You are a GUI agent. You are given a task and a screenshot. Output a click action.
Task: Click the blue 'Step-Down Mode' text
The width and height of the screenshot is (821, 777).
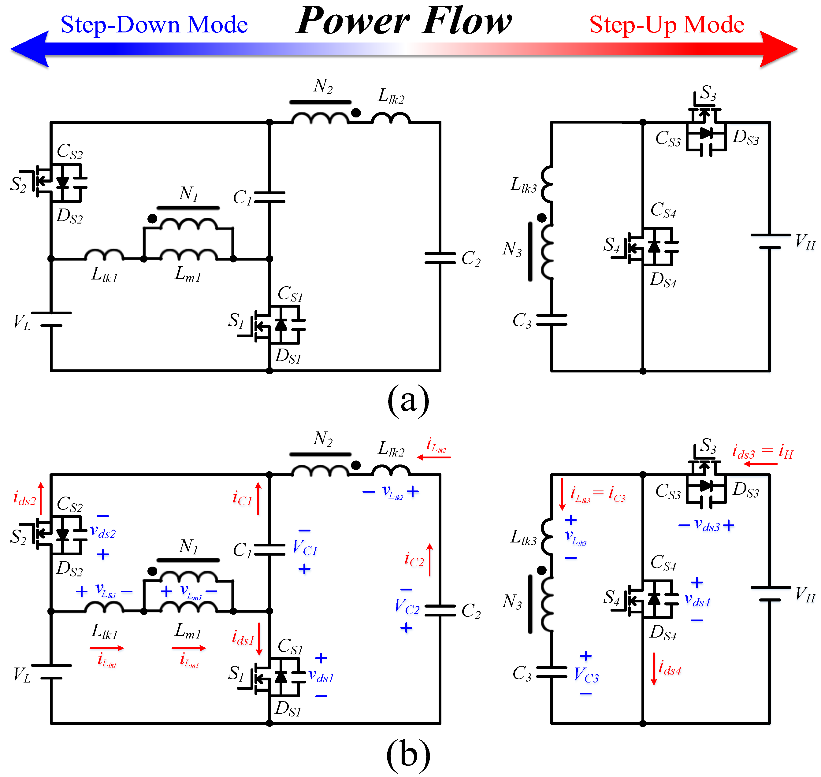pos(154,24)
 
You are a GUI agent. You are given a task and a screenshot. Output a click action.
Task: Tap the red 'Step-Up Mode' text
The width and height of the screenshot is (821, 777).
pos(667,25)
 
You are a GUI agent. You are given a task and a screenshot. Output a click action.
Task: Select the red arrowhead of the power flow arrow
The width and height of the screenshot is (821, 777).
pos(779,49)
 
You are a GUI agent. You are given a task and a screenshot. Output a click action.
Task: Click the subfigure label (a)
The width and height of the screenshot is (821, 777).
pos(408,399)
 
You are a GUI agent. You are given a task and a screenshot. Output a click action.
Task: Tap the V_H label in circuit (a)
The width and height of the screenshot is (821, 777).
pos(805,242)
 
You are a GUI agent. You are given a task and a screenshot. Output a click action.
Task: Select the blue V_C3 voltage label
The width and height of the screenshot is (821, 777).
pos(586,675)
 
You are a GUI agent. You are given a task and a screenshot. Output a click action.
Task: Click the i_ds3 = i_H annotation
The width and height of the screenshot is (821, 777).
pos(763,451)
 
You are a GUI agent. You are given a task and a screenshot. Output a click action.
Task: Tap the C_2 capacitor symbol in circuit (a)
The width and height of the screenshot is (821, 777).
pos(440,258)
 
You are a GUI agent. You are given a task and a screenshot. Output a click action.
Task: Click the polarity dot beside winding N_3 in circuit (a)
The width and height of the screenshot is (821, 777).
pos(541,218)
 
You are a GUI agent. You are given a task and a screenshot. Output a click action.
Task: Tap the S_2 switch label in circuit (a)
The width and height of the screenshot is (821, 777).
pos(18,184)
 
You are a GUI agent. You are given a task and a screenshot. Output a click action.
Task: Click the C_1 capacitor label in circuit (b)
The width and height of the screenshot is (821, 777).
pos(242,550)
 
